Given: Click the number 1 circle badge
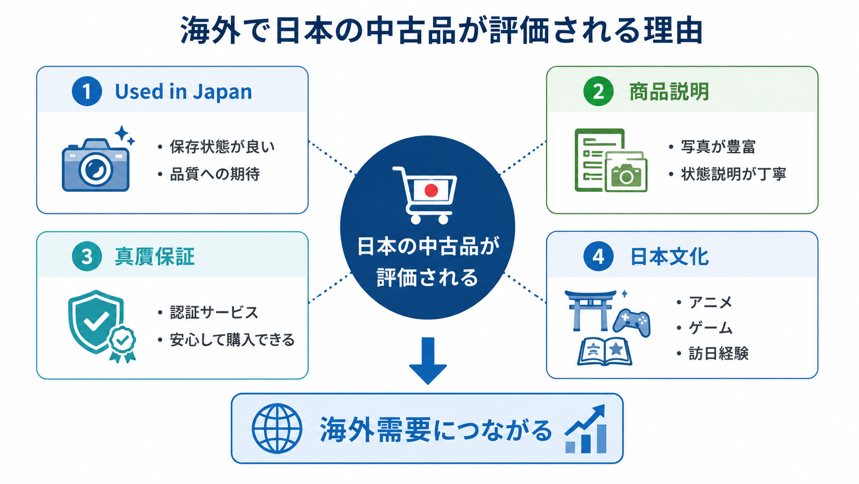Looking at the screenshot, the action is pos(87,92).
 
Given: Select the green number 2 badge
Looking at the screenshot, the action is pos(598,92).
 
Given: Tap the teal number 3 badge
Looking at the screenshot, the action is pos(87,256).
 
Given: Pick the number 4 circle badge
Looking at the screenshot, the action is pos(598,256).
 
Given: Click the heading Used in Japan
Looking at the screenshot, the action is pos(183,92).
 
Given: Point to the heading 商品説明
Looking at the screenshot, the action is pos(669,92).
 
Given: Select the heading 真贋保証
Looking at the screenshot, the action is pos(155,256).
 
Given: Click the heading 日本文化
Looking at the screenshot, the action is pos(669,256).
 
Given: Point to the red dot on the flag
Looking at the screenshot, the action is pos(431,190).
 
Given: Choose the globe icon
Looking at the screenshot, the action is pos(277,428).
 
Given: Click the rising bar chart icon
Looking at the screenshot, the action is pos(586,429).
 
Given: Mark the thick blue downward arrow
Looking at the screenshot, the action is pos(428,361).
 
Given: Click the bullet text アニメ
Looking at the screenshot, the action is pos(711,302).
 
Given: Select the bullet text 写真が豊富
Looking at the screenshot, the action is pos(718,147).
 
